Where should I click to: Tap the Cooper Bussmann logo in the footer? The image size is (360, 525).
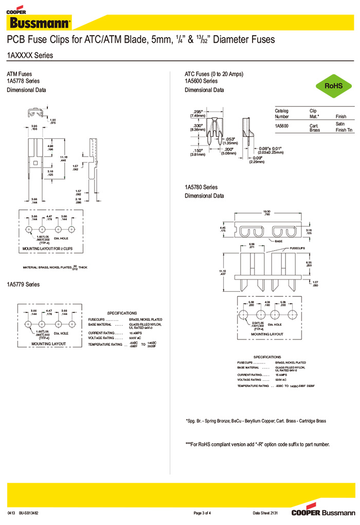(x=322, y=513)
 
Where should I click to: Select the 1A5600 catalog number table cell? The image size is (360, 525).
(x=282, y=126)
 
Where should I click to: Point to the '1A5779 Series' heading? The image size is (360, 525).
(x=23, y=285)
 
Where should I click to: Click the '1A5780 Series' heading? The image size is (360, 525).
(x=201, y=187)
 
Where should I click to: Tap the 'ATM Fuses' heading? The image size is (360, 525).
(x=19, y=74)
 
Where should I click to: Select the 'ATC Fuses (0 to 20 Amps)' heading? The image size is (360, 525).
(x=213, y=74)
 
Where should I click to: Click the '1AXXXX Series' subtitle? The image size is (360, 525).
(x=30, y=55)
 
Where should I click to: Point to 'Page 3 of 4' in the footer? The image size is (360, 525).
(x=202, y=513)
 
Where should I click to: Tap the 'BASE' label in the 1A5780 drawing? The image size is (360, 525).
(x=278, y=240)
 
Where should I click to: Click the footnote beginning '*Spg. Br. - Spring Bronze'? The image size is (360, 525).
(x=256, y=421)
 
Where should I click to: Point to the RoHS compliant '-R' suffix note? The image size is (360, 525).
(x=257, y=445)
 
